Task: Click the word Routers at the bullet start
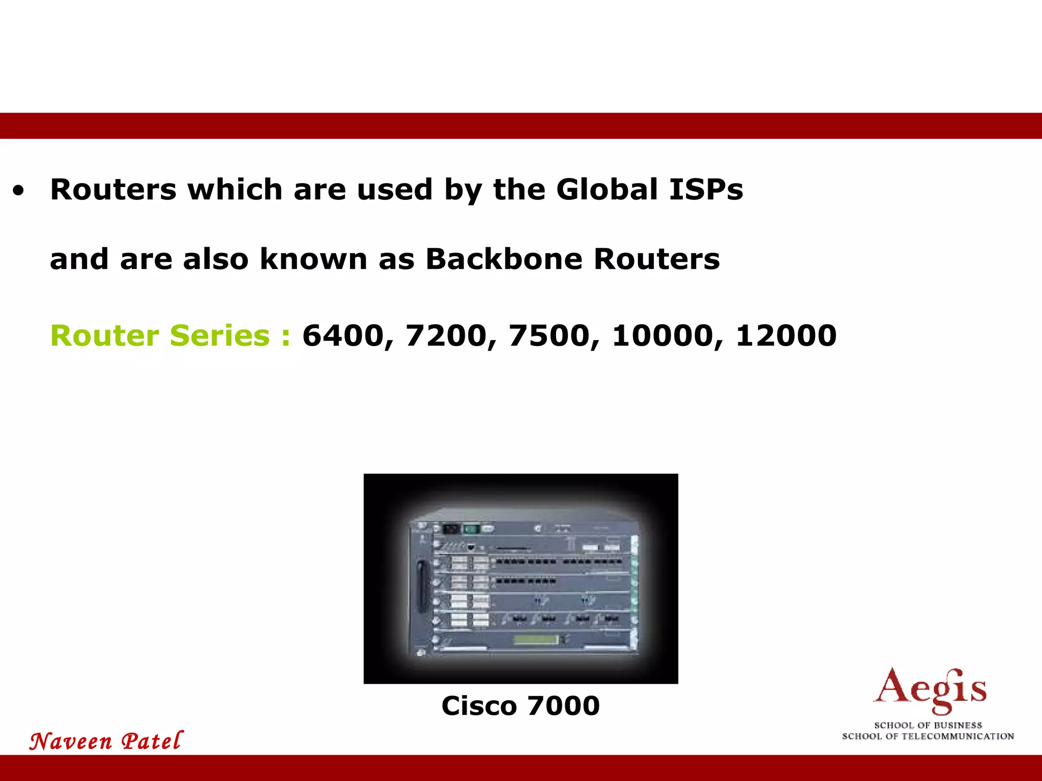(113, 190)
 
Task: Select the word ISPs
(706, 190)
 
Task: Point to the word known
(313, 259)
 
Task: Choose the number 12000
(786, 336)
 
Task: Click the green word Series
(220, 336)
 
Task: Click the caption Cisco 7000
(520, 706)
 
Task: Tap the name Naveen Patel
(106, 741)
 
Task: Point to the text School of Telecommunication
(928, 736)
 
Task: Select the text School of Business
(928, 725)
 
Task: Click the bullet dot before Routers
(19, 192)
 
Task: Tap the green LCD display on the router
(536, 640)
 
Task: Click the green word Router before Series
(105, 336)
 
